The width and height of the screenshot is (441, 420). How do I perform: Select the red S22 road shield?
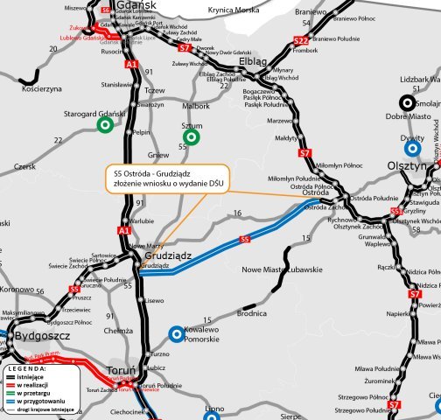coord(300,41)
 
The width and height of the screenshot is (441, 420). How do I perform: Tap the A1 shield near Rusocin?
coord(131,65)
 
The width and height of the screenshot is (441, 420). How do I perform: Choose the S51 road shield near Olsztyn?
coord(396,212)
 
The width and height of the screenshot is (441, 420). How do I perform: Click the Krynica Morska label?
coord(234,10)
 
